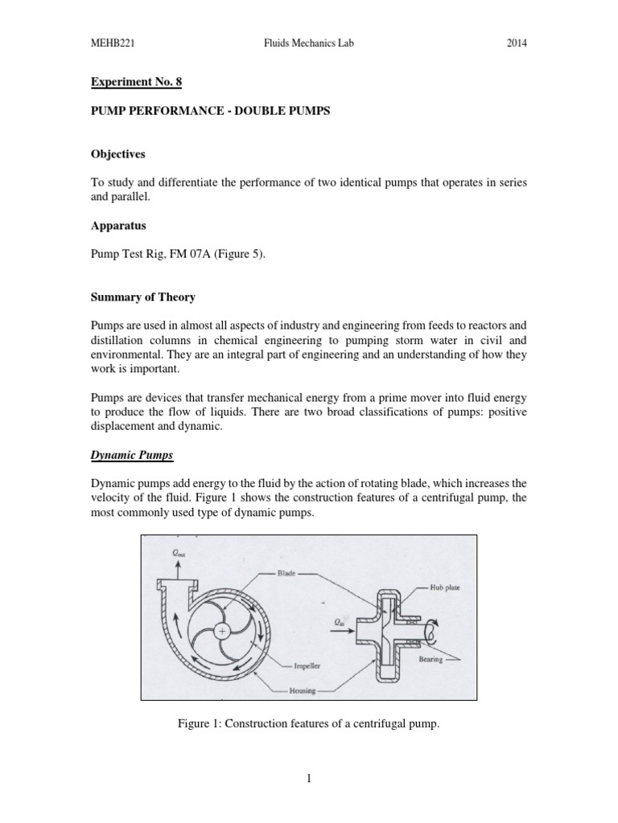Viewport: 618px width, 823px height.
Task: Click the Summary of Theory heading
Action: pos(142,297)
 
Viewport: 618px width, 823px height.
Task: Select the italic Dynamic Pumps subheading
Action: pos(131,455)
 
